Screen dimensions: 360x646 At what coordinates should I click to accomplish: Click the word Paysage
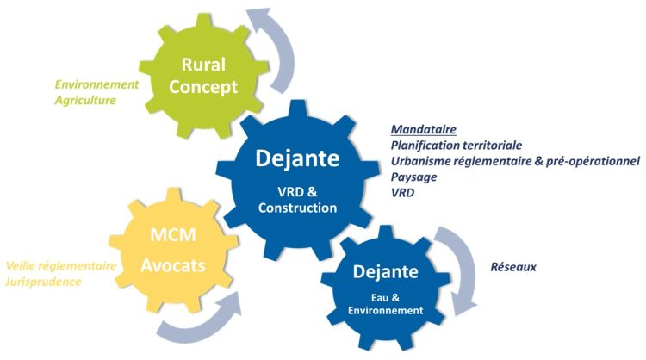point(413,177)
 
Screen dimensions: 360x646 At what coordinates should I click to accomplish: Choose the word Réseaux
point(512,267)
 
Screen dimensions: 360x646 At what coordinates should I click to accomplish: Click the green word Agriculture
point(85,101)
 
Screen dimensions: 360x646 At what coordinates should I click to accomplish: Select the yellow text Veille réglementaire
point(61,266)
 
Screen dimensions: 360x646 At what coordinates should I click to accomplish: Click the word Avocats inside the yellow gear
point(174,265)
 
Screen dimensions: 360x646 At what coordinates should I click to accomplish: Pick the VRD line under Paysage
point(403,192)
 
